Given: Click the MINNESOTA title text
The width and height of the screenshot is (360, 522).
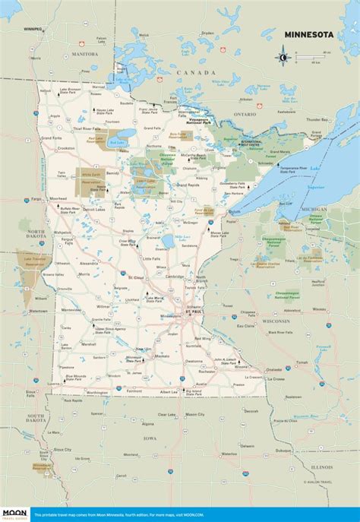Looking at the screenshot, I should click(310, 34).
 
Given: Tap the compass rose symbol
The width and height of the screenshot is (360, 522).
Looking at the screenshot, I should click(283, 56).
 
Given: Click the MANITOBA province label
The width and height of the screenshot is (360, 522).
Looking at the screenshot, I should click(84, 54).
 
